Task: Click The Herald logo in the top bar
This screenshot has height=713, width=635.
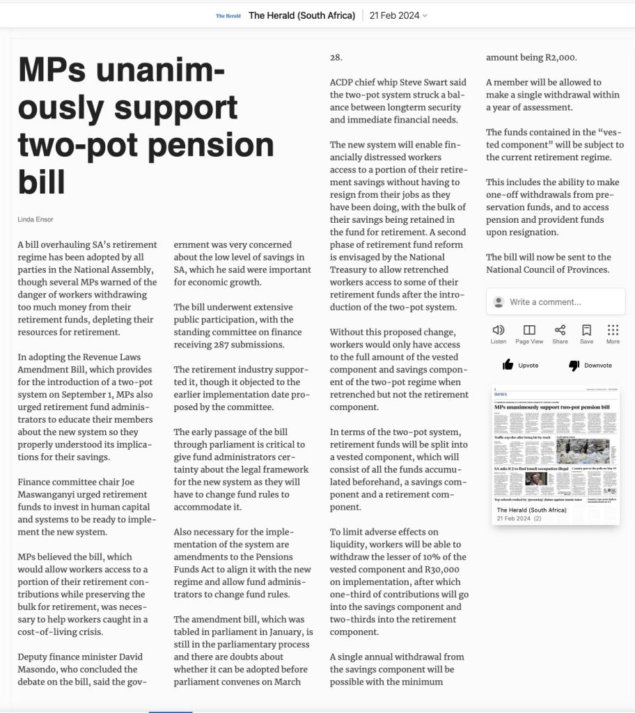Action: coord(228,15)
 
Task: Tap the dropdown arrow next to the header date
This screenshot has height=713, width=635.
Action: coord(425,15)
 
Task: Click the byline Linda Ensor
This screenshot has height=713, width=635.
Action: coord(36,219)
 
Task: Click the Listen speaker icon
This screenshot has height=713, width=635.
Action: coord(499,330)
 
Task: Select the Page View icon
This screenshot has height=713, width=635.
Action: coord(529,330)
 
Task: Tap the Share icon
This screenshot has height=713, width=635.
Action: coord(560,330)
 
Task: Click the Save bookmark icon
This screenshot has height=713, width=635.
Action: coord(586,330)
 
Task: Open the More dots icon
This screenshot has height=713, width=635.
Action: coord(613,330)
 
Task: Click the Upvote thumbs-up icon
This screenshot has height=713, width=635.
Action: coord(508,365)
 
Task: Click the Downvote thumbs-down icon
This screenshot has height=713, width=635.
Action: coord(574,365)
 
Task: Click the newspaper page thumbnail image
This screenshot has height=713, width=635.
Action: coord(556,446)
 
